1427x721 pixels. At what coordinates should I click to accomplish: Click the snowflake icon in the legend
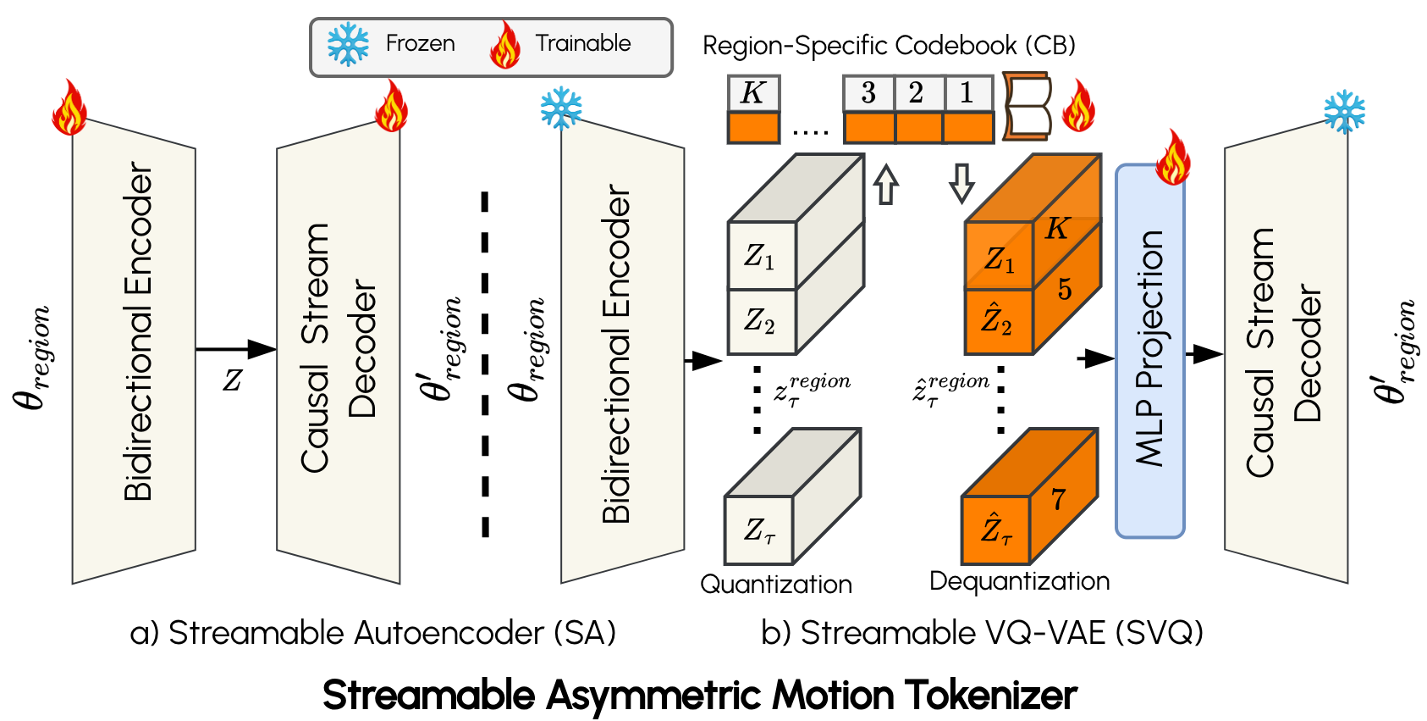[348, 44]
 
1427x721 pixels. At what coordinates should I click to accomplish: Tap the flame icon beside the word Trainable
[505, 45]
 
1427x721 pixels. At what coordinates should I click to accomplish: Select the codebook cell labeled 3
[868, 93]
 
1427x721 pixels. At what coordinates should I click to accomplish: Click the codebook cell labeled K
[752, 93]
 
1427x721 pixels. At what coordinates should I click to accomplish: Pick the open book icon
[1028, 107]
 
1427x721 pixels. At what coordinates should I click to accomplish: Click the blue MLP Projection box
[1149, 350]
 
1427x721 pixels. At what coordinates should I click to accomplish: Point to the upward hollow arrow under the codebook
[885, 185]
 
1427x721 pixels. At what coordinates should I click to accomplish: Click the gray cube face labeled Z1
[761, 256]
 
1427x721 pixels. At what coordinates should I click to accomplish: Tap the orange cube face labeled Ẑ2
[998, 322]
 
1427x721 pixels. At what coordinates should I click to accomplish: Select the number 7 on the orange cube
[1058, 500]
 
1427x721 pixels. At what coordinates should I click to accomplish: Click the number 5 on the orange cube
[1064, 290]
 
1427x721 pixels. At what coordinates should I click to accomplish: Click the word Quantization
[775, 585]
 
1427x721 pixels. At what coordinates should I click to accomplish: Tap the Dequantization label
[1019, 581]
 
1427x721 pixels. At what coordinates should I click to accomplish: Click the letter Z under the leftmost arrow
[232, 380]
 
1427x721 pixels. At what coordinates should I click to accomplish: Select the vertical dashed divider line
[485, 364]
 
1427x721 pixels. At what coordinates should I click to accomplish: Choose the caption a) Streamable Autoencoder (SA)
[372, 633]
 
